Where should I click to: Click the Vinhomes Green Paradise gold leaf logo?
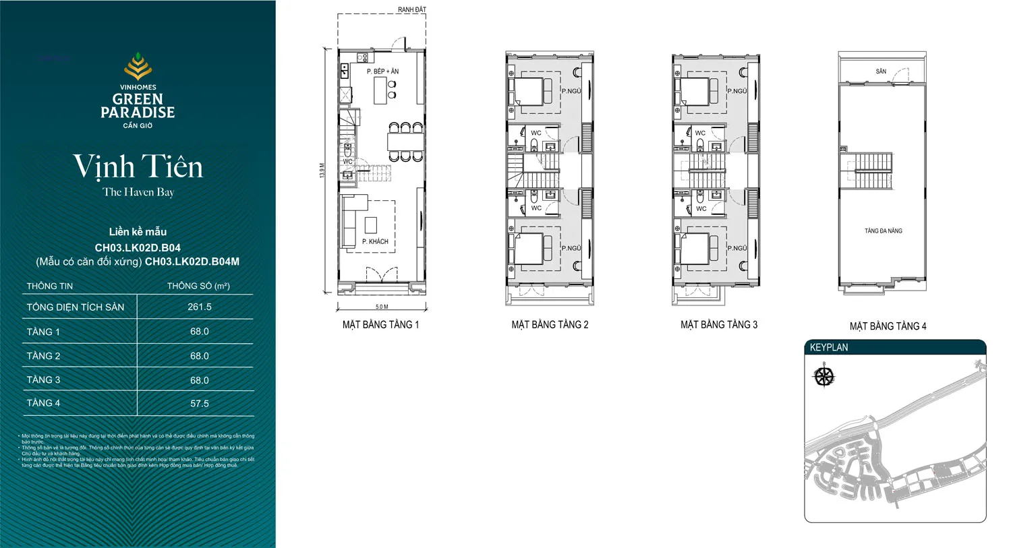point(138,67)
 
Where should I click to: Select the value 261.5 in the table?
point(200,307)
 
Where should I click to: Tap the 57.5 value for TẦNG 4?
point(200,404)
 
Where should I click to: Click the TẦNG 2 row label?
point(44,356)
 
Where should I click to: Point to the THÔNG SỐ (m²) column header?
point(198,286)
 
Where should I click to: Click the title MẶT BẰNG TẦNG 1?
point(380,325)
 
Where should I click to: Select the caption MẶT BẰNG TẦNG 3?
point(719,325)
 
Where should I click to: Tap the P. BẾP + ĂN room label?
point(382,71)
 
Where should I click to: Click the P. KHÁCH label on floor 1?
point(375,241)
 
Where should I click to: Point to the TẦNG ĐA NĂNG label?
point(883,231)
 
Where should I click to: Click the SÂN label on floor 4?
point(881,71)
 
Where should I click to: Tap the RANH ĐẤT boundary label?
point(411,9)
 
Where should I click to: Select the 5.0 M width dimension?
point(382,307)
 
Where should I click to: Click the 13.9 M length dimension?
point(322,171)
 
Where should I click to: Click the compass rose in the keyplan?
point(824,376)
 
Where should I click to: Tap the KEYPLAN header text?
point(829,348)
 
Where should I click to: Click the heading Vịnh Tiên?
point(138,166)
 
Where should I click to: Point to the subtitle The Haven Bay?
point(138,192)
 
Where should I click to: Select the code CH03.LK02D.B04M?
point(192,262)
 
